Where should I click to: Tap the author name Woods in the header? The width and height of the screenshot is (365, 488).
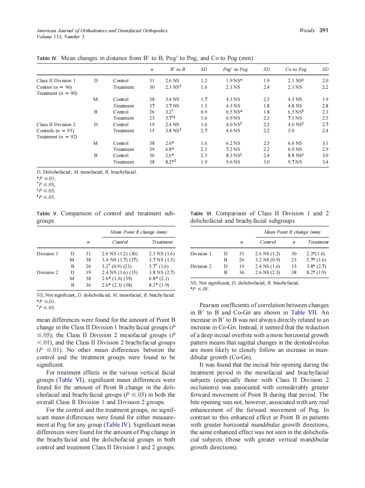(307, 30)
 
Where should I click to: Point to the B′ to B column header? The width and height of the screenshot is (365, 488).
(178, 70)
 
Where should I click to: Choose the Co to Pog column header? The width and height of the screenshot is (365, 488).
(296, 70)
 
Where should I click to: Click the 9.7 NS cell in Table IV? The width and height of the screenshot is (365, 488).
(295, 162)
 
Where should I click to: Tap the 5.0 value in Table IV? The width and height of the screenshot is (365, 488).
(292, 130)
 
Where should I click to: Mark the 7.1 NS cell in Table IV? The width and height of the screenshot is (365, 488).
(295, 118)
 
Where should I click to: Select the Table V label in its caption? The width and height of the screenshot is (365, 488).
(47, 214)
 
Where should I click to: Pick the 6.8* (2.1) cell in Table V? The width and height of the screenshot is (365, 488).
(159, 279)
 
